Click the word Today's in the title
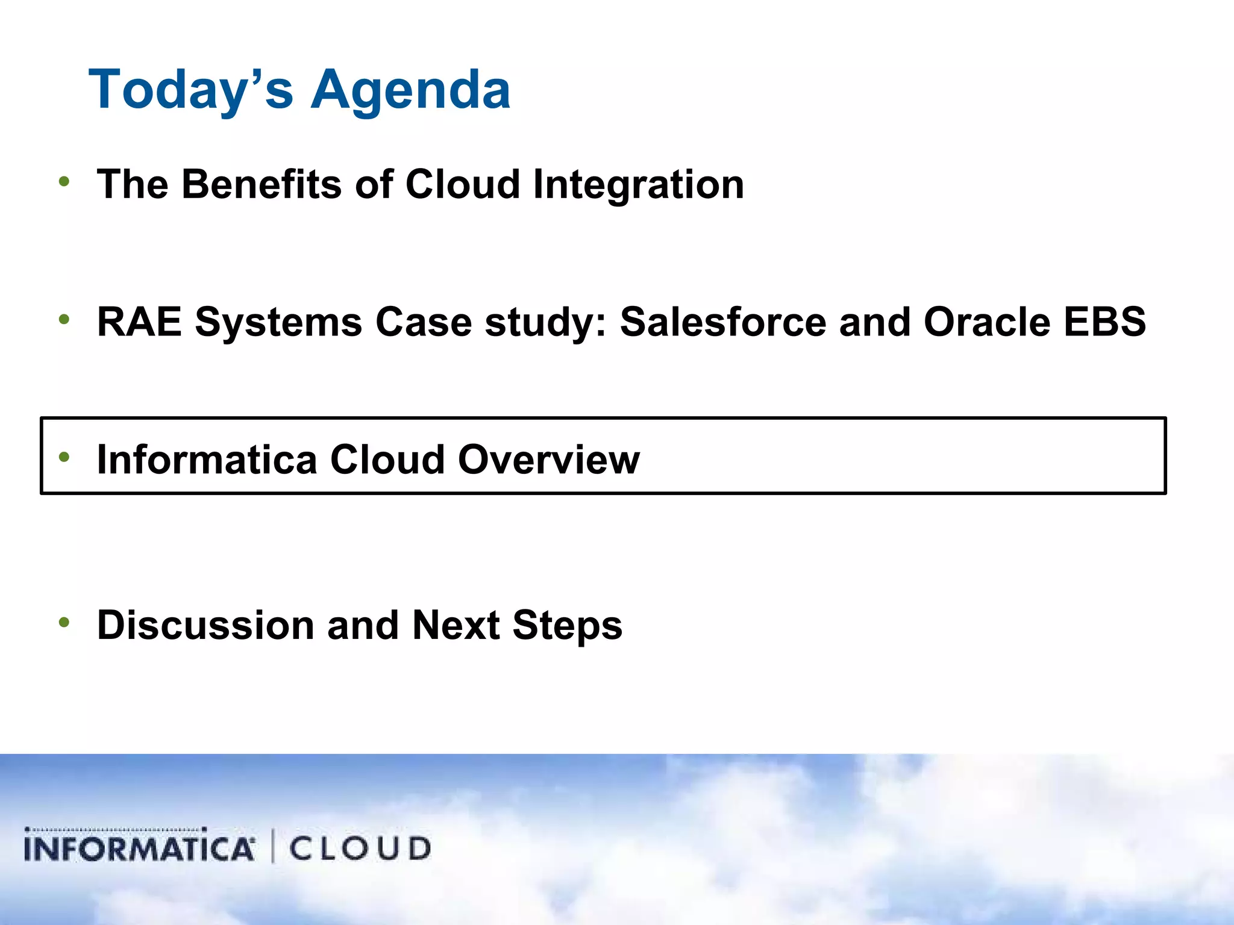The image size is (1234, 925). [x=190, y=90]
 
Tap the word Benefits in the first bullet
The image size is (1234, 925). [x=261, y=184]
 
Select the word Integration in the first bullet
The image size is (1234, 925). [x=638, y=184]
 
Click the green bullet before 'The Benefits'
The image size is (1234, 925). [x=64, y=181]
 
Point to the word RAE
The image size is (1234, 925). [x=139, y=322]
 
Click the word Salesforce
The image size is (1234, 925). [x=722, y=322]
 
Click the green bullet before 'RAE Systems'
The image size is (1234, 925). [x=64, y=319]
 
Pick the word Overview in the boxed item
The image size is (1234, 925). [x=548, y=460]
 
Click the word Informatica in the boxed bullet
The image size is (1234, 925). [x=207, y=460]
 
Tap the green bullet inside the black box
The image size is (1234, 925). [x=64, y=457]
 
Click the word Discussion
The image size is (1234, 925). [x=205, y=625]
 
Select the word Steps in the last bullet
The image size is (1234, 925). [x=567, y=625]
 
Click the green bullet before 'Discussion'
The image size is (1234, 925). [x=64, y=622]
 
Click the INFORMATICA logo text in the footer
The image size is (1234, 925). [x=139, y=847]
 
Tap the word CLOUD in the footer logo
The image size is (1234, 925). [x=360, y=849]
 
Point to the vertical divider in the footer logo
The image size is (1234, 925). [x=273, y=846]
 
